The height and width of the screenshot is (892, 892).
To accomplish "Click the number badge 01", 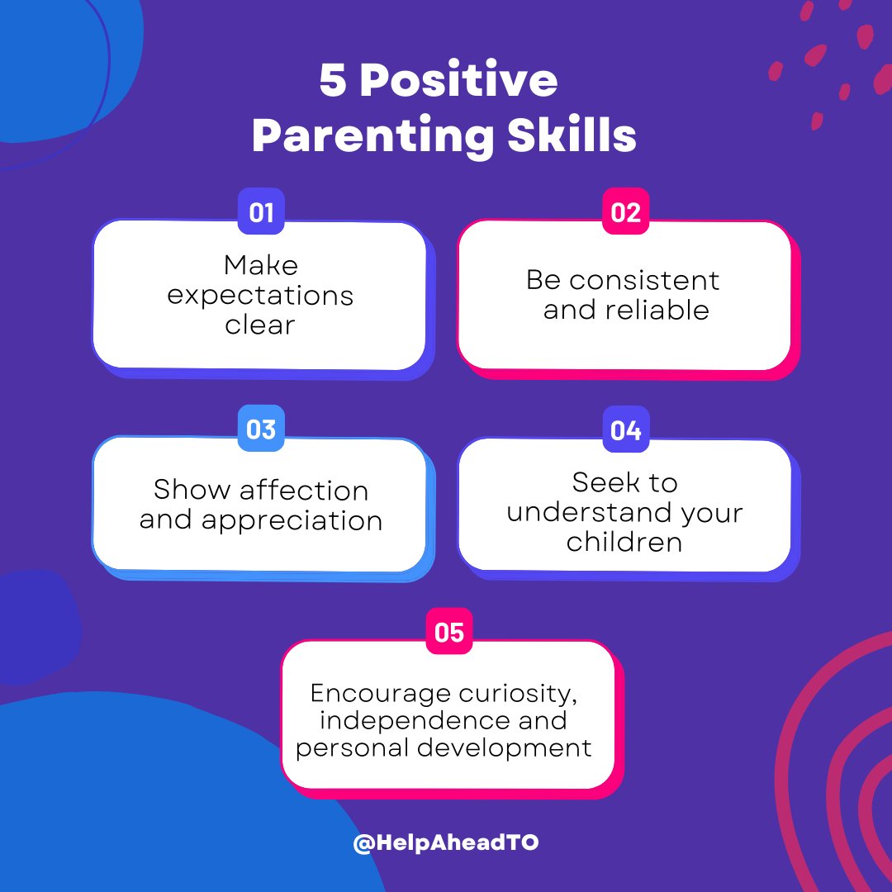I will point(261,213).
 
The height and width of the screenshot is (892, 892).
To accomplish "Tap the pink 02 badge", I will point(625,212).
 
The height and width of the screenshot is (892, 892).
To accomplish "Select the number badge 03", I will point(261,429).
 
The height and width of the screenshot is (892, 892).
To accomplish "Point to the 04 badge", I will point(625,429).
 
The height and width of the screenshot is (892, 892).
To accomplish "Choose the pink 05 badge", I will point(448,633).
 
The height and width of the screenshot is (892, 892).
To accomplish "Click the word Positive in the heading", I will point(458,83).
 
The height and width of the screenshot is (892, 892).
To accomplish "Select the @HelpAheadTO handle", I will point(445,843).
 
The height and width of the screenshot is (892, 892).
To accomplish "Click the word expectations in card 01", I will point(260,296).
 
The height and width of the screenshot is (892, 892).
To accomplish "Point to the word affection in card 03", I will point(304,490).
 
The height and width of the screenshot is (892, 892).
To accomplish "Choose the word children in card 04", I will point(624,542).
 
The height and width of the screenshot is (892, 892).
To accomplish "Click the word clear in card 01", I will point(260,325).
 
